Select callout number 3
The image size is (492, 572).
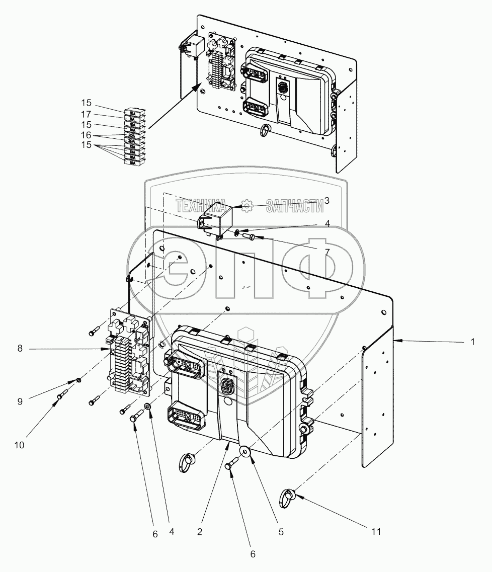326,201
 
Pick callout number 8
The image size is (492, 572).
20,348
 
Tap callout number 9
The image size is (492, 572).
20,402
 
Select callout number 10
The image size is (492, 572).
20,445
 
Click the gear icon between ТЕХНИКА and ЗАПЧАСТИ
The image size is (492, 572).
247,205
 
